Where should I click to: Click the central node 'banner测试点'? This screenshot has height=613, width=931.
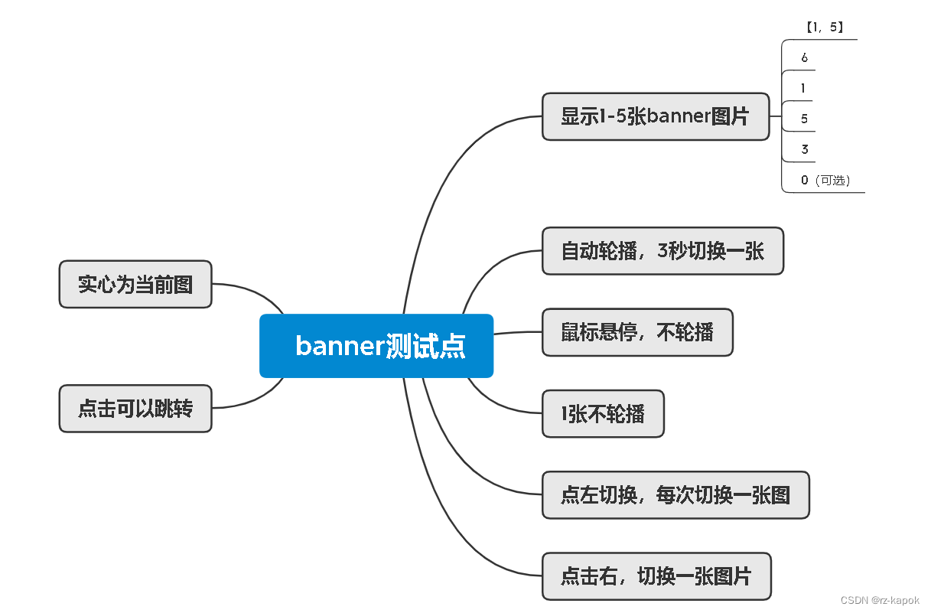(376, 346)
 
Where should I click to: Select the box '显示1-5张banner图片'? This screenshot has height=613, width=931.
(656, 116)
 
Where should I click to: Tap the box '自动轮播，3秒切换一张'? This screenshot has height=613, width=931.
(662, 251)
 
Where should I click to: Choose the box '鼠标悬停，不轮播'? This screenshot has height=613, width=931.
(637, 332)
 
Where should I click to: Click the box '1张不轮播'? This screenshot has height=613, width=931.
(603, 414)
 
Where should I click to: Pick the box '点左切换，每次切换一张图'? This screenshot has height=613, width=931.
(675, 495)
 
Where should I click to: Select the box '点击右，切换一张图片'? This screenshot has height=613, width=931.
(656, 576)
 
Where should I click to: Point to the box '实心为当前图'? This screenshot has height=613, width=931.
(135, 284)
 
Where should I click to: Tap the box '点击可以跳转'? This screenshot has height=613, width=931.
(135, 409)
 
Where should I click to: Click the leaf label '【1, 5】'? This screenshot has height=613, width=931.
(824, 28)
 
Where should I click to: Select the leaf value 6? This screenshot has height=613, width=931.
(804, 58)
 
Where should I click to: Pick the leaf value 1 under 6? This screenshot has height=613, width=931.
(803, 89)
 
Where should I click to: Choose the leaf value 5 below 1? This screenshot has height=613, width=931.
(804, 119)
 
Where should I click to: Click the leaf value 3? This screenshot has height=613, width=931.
(804, 150)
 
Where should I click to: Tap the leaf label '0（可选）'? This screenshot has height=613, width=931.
(825, 181)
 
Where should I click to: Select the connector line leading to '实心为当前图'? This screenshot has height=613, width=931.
(252, 290)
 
